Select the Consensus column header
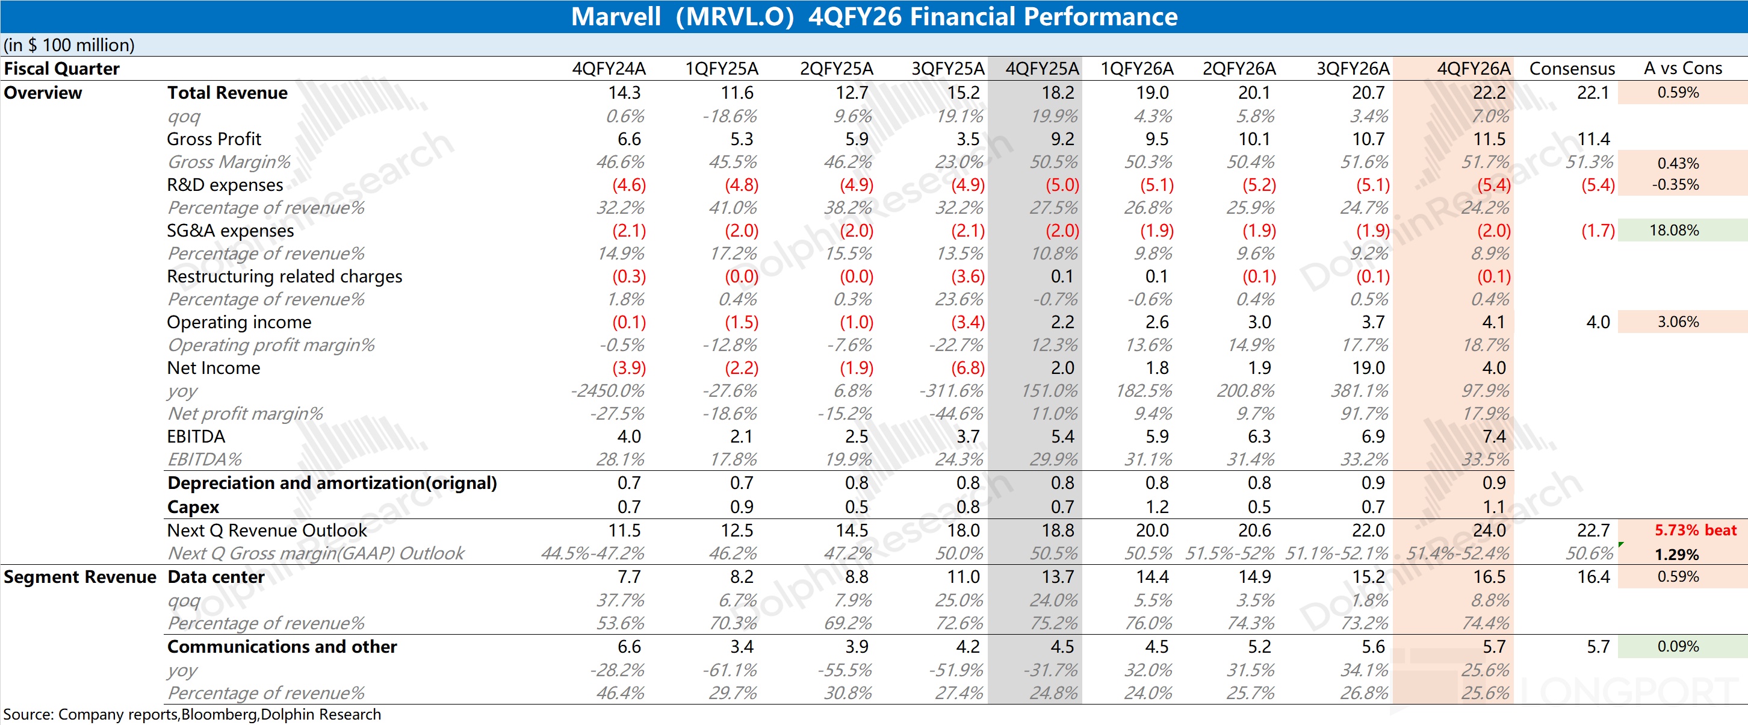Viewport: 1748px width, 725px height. tap(1572, 69)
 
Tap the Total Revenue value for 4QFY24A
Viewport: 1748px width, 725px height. tap(624, 92)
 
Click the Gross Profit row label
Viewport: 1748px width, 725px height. tap(214, 138)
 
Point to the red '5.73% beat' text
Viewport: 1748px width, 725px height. tap(1694, 530)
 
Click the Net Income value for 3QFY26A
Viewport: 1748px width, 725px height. tap(1368, 368)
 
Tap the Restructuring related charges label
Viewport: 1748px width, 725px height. tap(284, 276)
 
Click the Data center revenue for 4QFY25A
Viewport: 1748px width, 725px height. tap(1058, 576)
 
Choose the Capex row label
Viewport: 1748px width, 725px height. tap(193, 507)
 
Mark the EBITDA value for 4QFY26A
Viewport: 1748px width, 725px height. tap(1493, 437)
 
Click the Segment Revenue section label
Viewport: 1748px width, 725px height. tap(79, 576)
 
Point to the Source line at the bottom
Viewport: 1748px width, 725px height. tap(192, 714)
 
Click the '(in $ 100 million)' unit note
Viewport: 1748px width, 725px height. tap(69, 45)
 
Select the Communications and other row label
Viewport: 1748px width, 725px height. tap(282, 646)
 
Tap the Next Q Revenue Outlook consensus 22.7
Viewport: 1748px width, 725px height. tap(1593, 530)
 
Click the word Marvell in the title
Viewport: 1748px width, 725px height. tap(615, 16)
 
